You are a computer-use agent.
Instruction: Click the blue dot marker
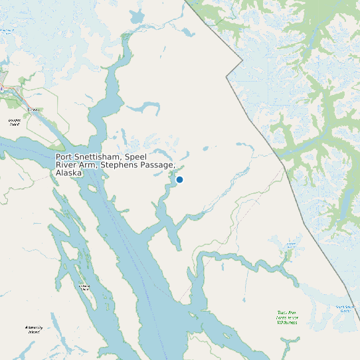(179, 179)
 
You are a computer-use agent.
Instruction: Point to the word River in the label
(67, 165)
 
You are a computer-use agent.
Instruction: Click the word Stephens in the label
(120, 165)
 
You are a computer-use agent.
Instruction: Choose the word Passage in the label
(158, 165)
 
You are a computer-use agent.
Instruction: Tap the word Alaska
(68, 173)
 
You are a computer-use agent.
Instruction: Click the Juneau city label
(33, 110)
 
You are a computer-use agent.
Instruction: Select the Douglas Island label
(14, 122)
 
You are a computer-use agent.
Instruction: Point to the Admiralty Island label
(33, 329)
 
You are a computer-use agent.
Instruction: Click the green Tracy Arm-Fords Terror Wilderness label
(288, 317)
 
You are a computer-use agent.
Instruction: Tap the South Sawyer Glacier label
(345, 308)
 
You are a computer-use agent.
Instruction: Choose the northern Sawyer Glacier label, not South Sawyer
(290, 246)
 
